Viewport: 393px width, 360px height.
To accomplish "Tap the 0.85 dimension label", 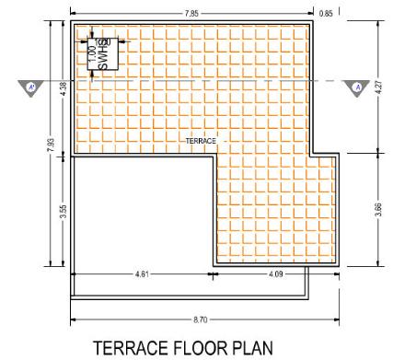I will [x=326, y=14].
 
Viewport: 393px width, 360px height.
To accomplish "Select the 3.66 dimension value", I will [x=377, y=209].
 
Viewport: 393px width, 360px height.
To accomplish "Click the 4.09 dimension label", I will [x=261, y=274].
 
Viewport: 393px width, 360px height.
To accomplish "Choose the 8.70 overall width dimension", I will [x=190, y=318].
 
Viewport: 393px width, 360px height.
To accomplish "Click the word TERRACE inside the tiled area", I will [x=201, y=141].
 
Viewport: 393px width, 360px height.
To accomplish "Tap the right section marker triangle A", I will [x=354, y=87].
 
